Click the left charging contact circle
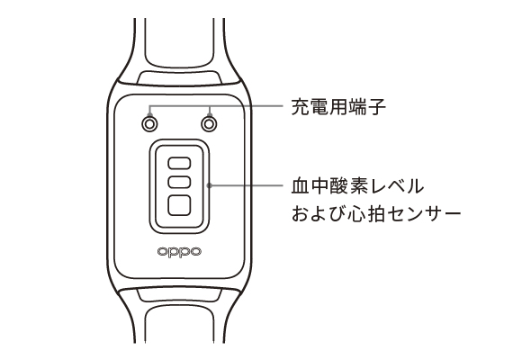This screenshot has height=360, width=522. pos(149,124)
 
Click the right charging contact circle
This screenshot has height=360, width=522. pos(209,124)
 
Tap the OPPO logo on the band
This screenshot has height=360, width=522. pos(179,252)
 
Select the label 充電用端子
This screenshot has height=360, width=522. pos(338,106)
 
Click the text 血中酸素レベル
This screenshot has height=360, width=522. pos(357,185)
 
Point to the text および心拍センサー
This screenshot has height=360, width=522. pos(376,213)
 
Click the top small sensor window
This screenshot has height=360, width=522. pos(179,163)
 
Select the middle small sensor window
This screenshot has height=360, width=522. pos(179,182)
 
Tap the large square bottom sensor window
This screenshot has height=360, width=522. pos(179,205)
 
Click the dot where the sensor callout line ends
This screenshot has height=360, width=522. pos(209,185)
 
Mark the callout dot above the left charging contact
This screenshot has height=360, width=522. pos(149,114)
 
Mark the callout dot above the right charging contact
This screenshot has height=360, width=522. pos(210,114)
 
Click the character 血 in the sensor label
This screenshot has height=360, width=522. pos(301,185)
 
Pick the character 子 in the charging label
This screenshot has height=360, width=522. pos(377,107)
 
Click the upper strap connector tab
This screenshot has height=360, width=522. pos(179,76)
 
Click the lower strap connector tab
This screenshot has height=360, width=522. pos(179,294)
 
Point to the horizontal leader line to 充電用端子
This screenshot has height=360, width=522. pos(216,106)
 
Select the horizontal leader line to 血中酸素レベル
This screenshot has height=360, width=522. pos(246,185)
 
